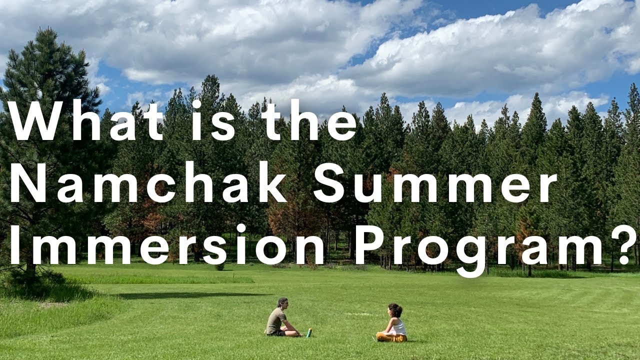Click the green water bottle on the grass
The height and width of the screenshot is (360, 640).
tap(309, 332)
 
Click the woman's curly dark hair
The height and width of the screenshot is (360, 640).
tap(395, 310)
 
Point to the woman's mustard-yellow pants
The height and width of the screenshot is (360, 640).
tap(391, 337)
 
